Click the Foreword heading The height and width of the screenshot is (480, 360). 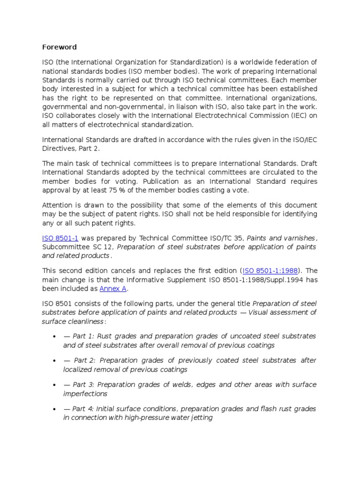(60, 47)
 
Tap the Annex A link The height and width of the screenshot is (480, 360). (113, 289)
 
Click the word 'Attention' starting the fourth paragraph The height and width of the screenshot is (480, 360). (57, 205)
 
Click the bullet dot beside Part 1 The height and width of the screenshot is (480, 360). (55, 337)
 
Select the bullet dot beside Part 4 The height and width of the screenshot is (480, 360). (55, 409)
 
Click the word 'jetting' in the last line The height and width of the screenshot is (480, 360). (202, 418)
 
